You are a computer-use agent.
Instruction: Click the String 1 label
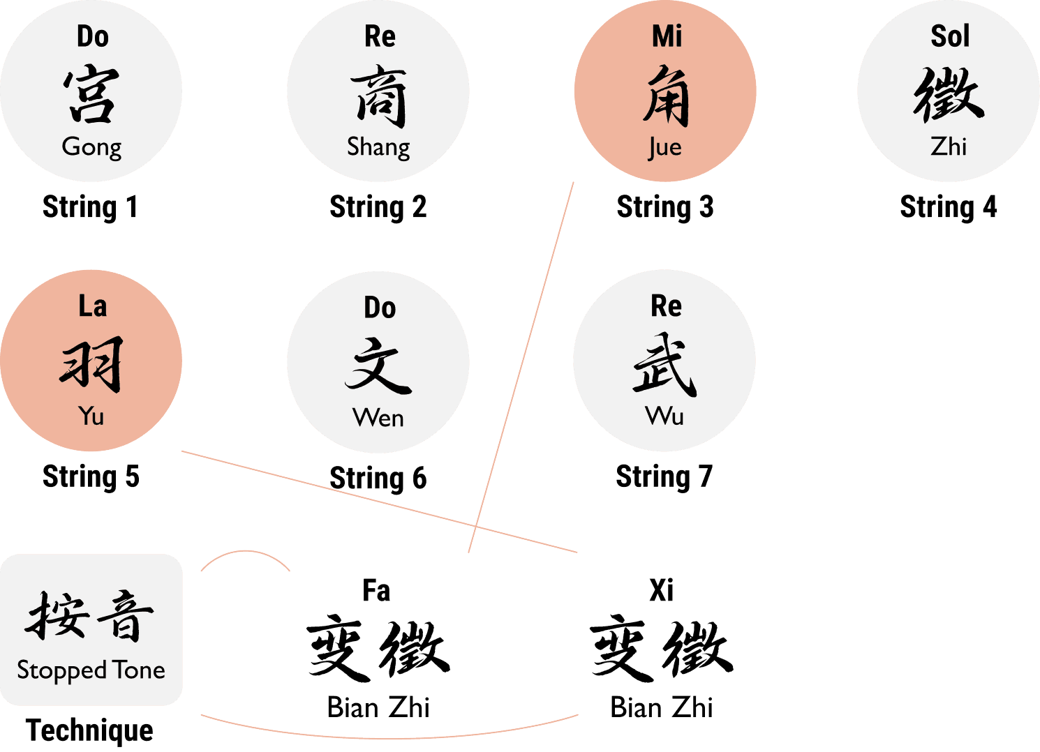(90, 207)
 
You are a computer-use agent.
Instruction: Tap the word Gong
(91, 147)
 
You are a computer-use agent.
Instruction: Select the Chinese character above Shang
(378, 96)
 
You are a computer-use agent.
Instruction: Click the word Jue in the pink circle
(664, 147)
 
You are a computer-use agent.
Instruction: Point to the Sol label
(950, 36)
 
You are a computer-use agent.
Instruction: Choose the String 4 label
(948, 207)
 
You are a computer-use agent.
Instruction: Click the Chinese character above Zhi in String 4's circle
(949, 96)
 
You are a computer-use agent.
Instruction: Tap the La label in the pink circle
(92, 306)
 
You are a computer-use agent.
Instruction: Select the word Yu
(91, 416)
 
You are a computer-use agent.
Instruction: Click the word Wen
(378, 418)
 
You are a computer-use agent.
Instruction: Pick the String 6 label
(378, 479)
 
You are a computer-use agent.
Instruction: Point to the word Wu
(664, 416)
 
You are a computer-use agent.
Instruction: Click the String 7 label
(664, 477)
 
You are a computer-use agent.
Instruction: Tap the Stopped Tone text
(91, 670)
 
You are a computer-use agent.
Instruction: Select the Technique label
(89, 730)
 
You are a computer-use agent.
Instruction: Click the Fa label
(376, 591)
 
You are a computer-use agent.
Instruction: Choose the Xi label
(661, 591)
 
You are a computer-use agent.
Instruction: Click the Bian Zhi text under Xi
(661, 707)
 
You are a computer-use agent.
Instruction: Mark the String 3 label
(664, 207)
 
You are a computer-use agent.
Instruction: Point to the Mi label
(667, 36)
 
